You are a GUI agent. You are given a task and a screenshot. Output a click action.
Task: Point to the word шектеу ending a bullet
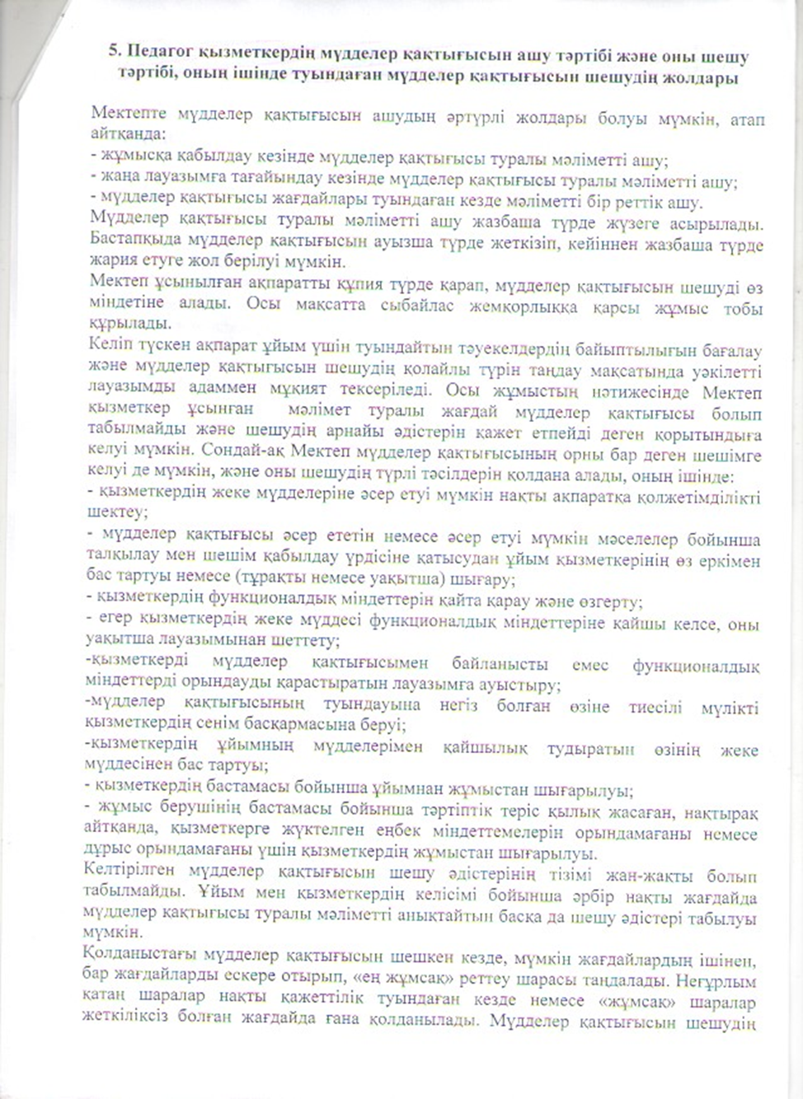click(118, 512)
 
